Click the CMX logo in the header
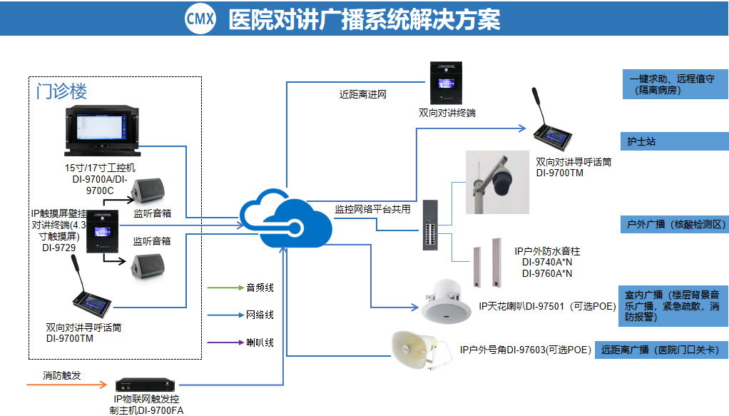(200, 19)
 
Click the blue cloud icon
(285, 218)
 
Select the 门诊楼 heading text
(62, 91)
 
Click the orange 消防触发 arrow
(66, 386)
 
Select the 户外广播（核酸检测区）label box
(673, 224)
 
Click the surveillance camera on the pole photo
(499, 183)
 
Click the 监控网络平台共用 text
(372, 210)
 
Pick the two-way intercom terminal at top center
(447, 83)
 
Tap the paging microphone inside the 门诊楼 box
(93, 297)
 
